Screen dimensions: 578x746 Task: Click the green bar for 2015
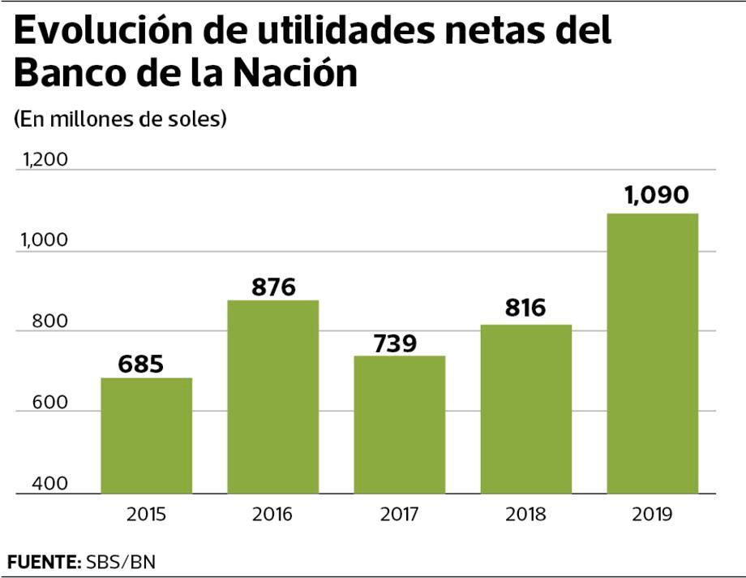click(x=146, y=436)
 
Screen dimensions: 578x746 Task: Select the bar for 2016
click(x=272, y=397)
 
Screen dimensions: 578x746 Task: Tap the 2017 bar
click(x=399, y=425)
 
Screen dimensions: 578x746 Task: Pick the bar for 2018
click(x=525, y=409)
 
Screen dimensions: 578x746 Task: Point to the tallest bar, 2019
click(x=652, y=353)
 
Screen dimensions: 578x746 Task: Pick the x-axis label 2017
click(x=399, y=515)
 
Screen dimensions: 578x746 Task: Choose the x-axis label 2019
click(x=652, y=515)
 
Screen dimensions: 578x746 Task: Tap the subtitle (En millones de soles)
click(x=119, y=119)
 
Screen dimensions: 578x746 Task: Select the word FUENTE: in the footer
click(x=41, y=561)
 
